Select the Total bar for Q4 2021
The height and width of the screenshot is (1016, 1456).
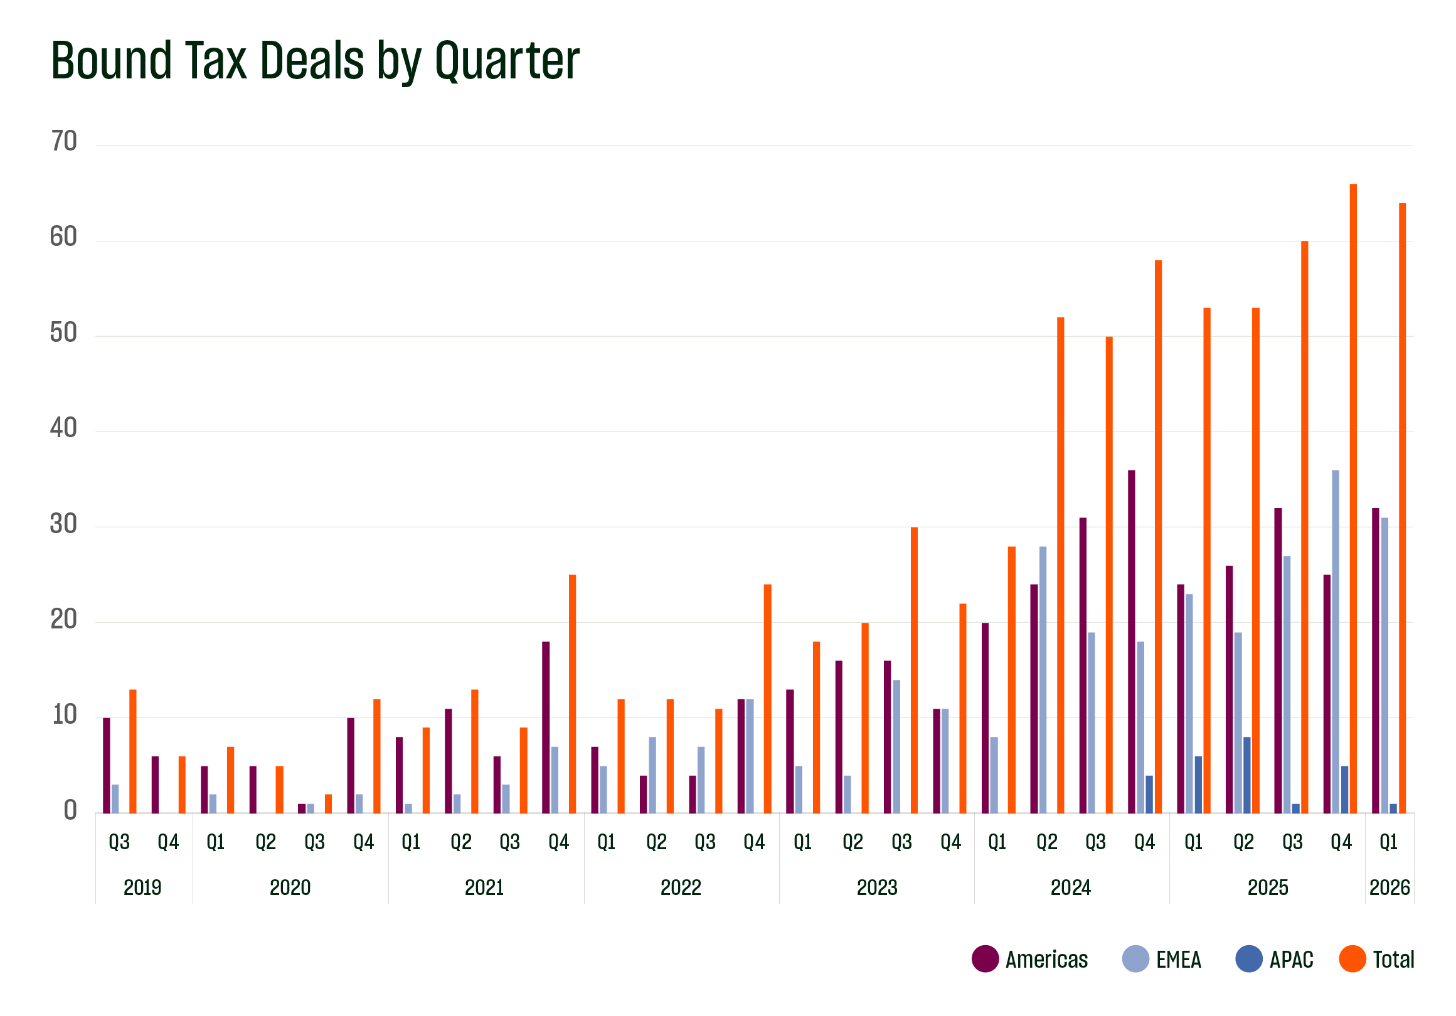coord(572,694)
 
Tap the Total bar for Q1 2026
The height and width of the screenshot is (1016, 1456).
coord(1402,507)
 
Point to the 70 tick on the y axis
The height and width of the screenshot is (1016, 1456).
coord(63,141)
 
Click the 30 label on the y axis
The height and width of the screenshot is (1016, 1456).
coord(63,524)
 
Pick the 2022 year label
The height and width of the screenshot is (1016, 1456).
coord(681,887)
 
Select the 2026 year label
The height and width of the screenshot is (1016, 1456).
coord(1389,887)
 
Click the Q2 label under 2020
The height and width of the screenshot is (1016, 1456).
coord(266,842)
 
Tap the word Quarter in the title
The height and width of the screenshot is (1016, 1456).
coord(507,61)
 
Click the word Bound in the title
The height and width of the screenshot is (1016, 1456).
coord(112,61)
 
